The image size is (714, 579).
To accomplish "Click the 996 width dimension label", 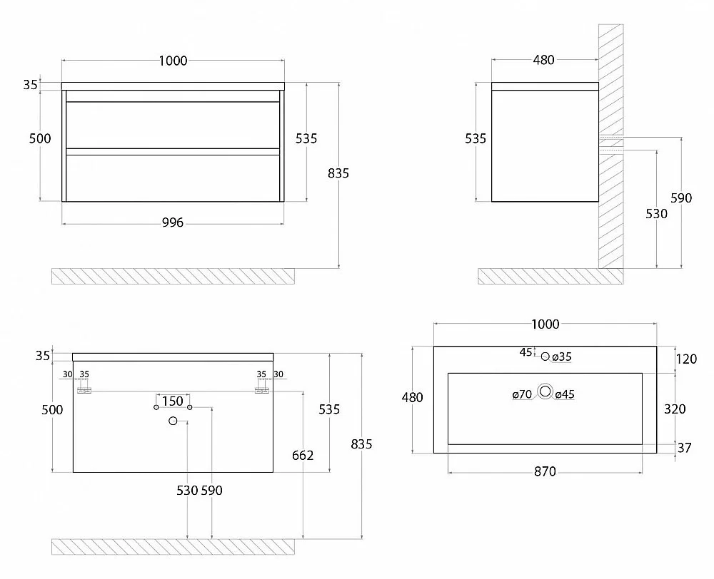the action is click(x=173, y=222).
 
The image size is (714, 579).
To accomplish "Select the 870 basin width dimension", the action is click(x=545, y=471).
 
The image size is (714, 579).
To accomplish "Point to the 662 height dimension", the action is click(x=303, y=456).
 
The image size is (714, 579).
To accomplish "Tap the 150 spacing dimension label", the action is click(x=173, y=401).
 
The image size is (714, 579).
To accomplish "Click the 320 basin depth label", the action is click(x=675, y=409).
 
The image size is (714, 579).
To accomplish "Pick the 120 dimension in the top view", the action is click(x=686, y=359).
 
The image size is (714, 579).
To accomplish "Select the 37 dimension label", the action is click(x=685, y=448).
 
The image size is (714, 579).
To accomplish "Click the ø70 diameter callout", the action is click(x=523, y=394).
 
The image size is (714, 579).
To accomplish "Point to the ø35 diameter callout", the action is click(x=562, y=357).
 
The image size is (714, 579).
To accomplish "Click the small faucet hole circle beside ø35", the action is click(x=545, y=357).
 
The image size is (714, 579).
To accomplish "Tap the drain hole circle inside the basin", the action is click(x=545, y=391).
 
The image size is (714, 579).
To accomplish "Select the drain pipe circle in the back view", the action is click(x=173, y=421).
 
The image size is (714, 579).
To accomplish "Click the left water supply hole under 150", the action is click(x=156, y=407).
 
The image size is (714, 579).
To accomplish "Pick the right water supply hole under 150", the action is click(x=190, y=407).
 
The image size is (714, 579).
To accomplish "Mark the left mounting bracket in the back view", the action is click(x=84, y=390).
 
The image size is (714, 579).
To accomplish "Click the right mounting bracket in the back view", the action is click(x=262, y=390).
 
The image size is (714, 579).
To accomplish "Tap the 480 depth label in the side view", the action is click(x=543, y=60).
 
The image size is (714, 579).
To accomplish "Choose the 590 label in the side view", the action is click(x=681, y=198).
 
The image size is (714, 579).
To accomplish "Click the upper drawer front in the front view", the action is click(x=173, y=125).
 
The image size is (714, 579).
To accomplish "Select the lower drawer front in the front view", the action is click(x=173, y=178).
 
